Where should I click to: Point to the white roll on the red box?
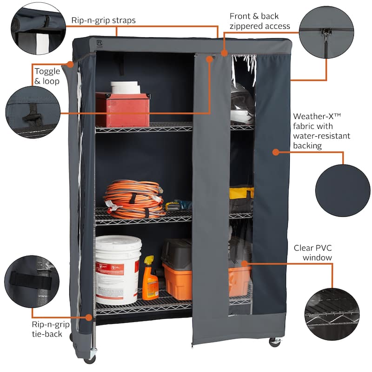pos(125,87)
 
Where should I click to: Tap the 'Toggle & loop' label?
pos(47,76)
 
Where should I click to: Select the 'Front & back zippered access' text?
pos(259,21)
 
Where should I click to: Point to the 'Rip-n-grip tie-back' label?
pos(47,329)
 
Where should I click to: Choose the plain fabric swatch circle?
pos(343,184)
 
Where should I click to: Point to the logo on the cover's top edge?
pos(86,43)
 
